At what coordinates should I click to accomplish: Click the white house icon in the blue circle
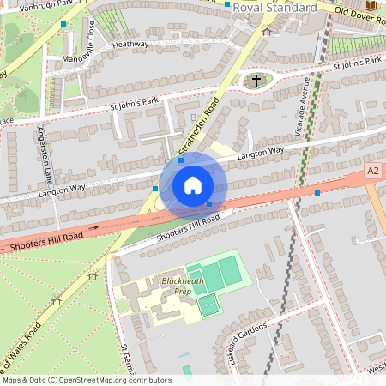pyautogui.click(x=193, y=184)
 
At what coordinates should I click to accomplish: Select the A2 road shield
pyautogui.click(x=372, y=172)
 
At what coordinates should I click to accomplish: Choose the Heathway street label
pyautogui.click(x=130, y=44)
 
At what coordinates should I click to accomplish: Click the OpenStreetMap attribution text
pyautogui.click(x=86, y=379)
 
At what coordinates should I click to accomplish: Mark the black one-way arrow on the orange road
pyautogui.click(x=93, y=228)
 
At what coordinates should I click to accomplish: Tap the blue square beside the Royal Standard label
pyautogui.click(x=227, y=5)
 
